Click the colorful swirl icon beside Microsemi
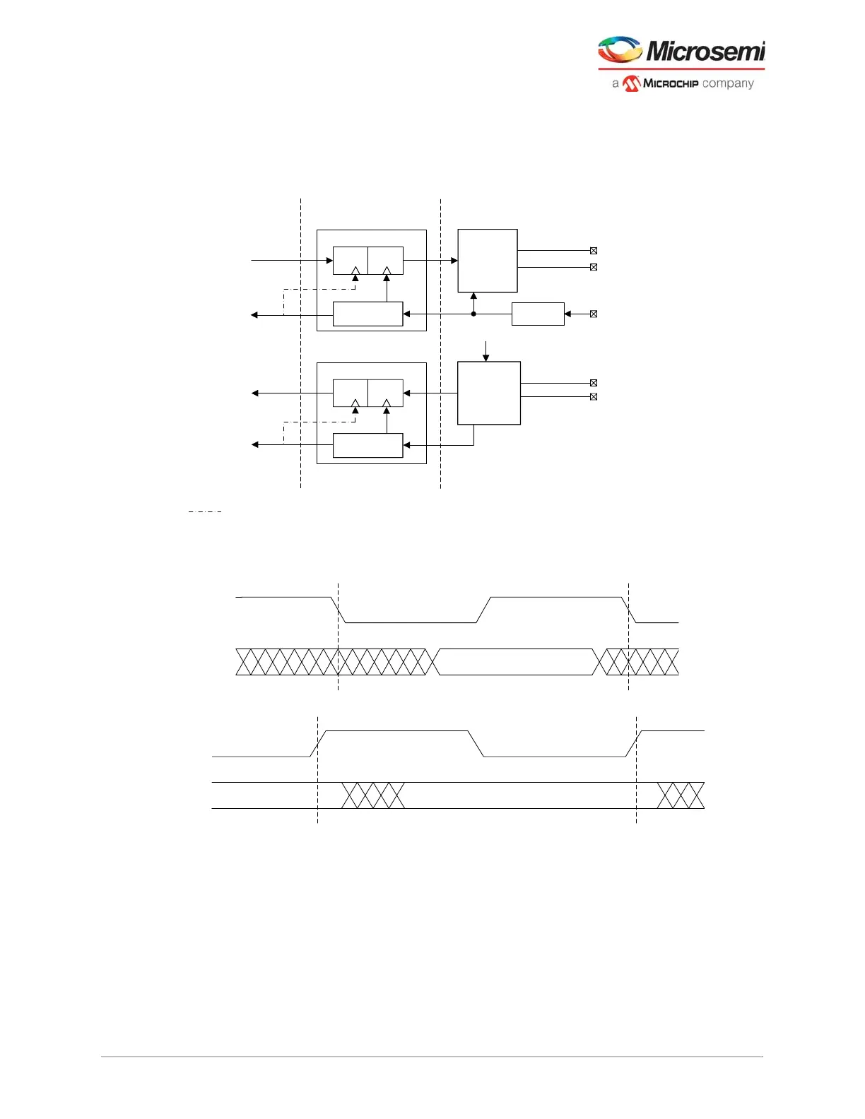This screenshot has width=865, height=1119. coord(620,50)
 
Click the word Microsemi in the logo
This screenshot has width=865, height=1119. coord(705,51)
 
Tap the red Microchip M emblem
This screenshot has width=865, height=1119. coord(631,83)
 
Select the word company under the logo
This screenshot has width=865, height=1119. coord(728,83)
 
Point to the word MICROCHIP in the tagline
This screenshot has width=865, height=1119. coord(671,83)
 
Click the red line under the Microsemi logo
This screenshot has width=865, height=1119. coord(681,69)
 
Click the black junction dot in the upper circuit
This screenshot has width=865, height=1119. coord(473,314)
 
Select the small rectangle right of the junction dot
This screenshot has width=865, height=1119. coord(538,314)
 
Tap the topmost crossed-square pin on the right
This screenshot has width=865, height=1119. coord(594,251)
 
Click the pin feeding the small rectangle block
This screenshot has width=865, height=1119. coord(594,314)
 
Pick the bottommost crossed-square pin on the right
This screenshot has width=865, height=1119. coord(594,397)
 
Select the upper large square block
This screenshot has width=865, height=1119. coord(488,261)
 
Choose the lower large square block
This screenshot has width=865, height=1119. coord(489,393)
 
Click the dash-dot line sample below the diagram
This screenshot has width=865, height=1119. coord(205,511)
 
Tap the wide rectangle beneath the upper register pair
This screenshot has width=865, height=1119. coord(367,314)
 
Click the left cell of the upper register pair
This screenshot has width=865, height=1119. coord(350,261)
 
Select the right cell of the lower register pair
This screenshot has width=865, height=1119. coord(386,393)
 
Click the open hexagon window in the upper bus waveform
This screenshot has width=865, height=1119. coord(516,662)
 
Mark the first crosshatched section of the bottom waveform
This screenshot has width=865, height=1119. coord(373,795)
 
